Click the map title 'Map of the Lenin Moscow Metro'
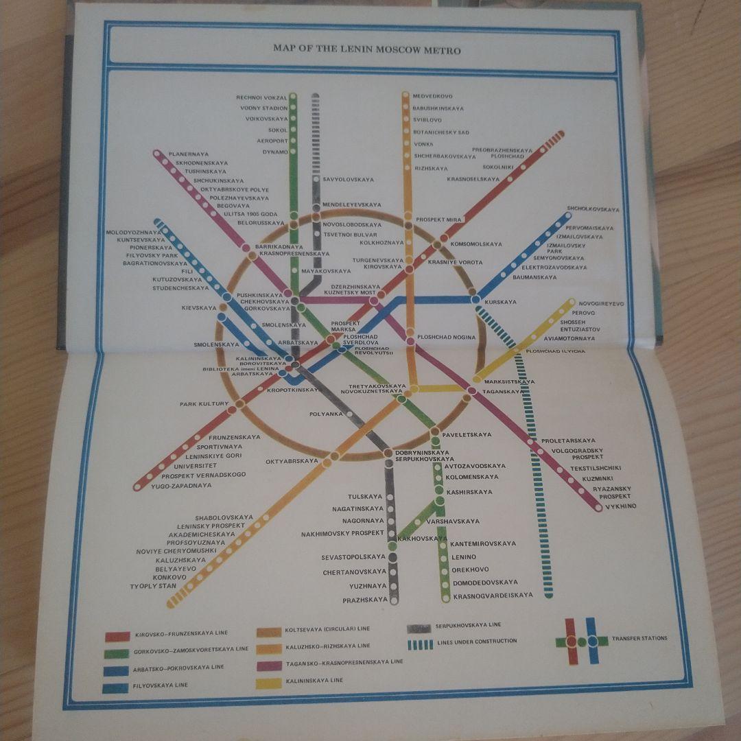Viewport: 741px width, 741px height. [366, 49]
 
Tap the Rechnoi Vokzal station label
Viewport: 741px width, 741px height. [261, 98]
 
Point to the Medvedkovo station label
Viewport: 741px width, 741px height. [432, 97]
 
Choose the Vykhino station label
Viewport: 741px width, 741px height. [620, 506]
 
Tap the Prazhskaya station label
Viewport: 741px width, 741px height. [365, 600]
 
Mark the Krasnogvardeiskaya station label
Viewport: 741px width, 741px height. [493, 596]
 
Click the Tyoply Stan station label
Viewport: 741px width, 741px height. [153, 587]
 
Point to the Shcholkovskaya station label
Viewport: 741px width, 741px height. [593, 209]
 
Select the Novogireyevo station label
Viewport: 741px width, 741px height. [601, 303]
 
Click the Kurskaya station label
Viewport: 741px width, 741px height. [500, 302]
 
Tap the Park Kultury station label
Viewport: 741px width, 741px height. [204, 404]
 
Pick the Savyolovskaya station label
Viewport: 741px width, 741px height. [349, 180]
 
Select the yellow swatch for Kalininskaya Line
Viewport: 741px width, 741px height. [269, 683]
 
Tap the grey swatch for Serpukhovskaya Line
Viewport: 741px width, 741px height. [419, 628]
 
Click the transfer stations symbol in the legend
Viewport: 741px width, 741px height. [581, 642]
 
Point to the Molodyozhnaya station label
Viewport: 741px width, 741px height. [134, 233]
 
